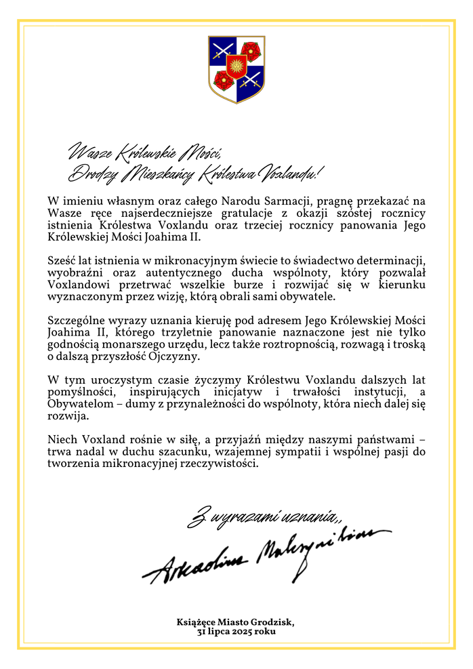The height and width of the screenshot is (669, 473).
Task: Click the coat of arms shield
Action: (x=236, y=68)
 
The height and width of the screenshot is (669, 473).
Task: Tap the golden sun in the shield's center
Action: (x=236, y=66)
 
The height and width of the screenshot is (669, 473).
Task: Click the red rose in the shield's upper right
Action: (x=251, y=50)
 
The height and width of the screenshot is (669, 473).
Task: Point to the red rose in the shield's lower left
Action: (x=223, y=81)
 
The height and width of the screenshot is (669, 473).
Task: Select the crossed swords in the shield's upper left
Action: (x=222, y=49)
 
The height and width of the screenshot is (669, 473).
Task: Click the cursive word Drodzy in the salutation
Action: (x=89, y=174)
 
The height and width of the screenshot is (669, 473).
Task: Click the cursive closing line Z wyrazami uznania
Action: (x=263, y=519)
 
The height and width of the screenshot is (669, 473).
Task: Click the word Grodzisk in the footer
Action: (x=271, y=621)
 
